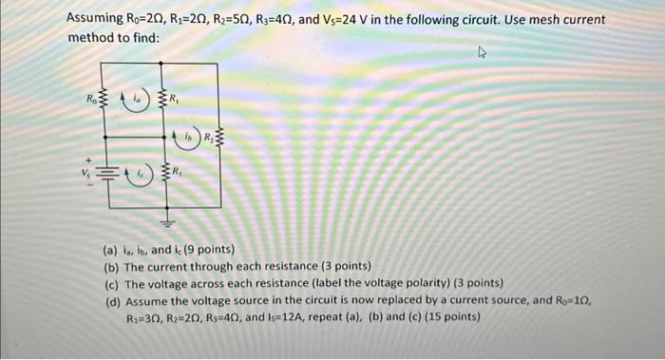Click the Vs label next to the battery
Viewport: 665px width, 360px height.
click(x=94, y=177)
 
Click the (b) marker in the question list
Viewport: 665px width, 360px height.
click(x=110, y=267)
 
